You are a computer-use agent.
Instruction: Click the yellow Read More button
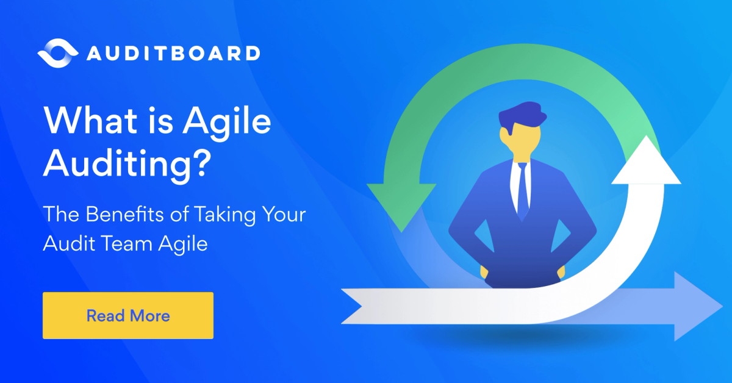coord(128,315)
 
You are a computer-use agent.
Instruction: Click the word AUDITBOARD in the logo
coord(173,54)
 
